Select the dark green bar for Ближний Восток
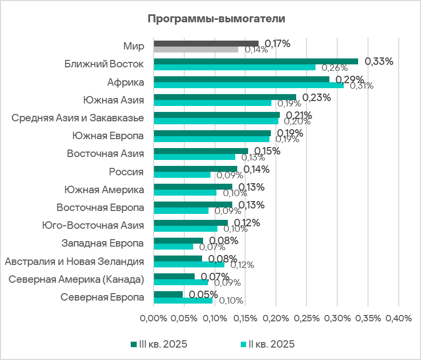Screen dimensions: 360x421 [x=256, y=61]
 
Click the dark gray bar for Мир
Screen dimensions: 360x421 [x=206, y=44]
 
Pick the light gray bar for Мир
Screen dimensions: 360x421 [x=196, y=50]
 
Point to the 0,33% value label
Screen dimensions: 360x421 [x=379, y=61]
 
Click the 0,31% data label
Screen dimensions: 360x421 [x=362, y=86]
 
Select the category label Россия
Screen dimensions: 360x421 [x=126, y=172]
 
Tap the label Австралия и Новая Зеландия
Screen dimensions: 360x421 [x=74, y=261]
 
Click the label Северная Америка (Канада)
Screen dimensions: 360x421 [x=77, y=279]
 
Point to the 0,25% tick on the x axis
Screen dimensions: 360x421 [x=307, y=318]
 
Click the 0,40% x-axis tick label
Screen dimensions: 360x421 [x=399, y=318]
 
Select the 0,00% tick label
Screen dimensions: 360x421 [x=154, y=318]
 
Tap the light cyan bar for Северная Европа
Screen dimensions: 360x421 [x=183, y=300]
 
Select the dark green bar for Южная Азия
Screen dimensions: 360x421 [x=225, y=97]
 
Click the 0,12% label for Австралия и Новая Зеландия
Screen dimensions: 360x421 [x=242, y=265]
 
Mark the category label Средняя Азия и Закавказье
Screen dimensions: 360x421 [x=78, y=118]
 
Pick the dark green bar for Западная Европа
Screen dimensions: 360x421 [x=178, y=241]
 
